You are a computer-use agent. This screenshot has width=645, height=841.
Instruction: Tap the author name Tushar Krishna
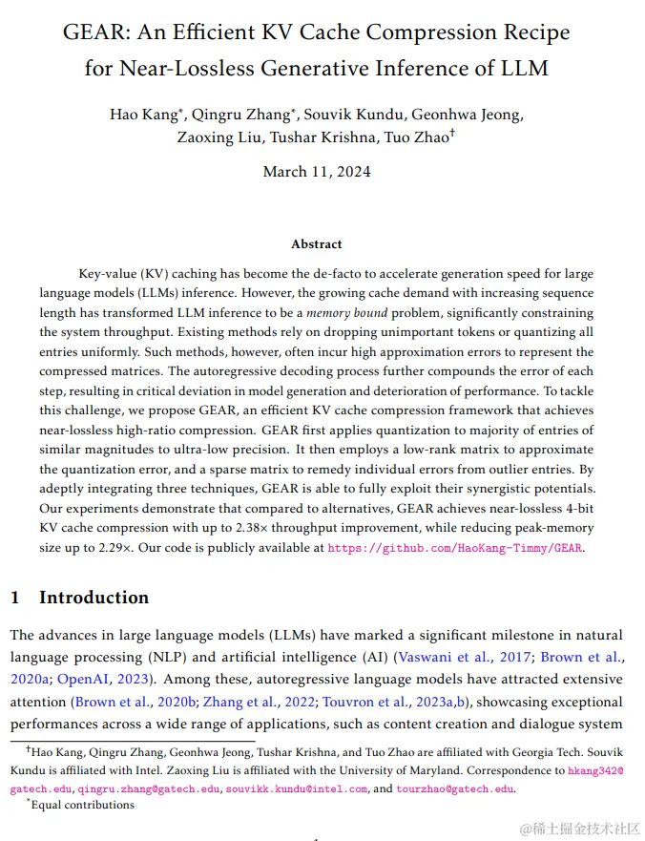coord(321,137)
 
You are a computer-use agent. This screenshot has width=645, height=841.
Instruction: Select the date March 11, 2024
coord(317,172)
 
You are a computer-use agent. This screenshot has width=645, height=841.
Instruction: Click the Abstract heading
coord(317,244)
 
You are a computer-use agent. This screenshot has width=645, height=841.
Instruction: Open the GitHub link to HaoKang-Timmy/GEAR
coord(454,548)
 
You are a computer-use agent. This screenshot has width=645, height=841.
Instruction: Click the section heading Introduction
coord(94,598)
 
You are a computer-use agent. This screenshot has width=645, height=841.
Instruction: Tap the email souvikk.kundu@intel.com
coord(296,789)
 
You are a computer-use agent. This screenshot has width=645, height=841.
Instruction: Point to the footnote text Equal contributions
coord(84,805)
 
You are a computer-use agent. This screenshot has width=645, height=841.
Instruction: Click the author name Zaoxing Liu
coord(218,137)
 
